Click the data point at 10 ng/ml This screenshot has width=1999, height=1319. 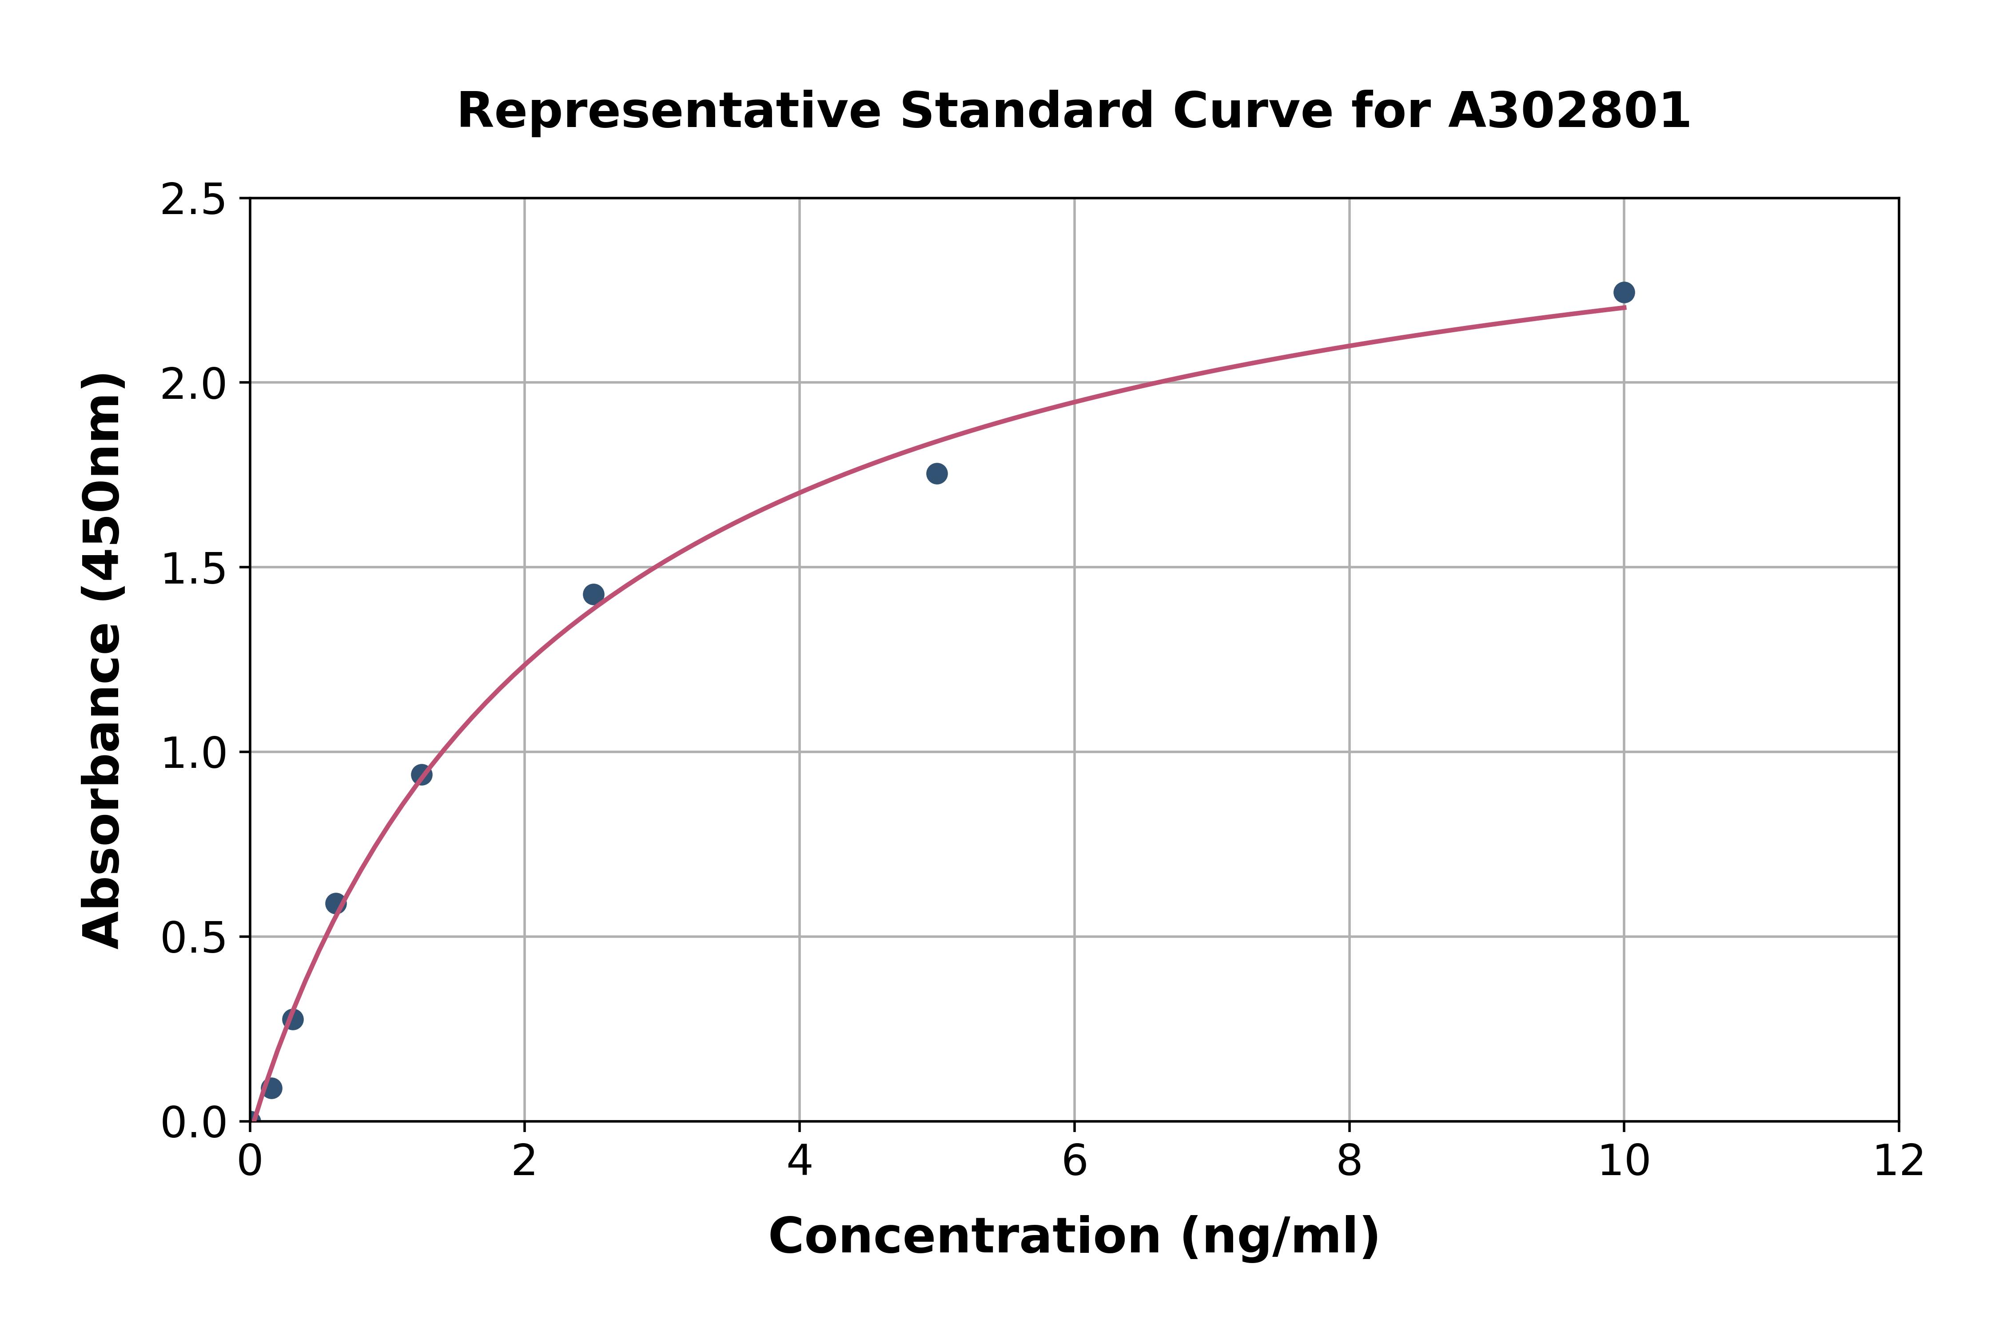tap(1624, 292)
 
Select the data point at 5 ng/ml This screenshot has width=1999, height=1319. tap(936, 473)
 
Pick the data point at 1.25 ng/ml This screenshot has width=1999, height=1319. tap(422, 775)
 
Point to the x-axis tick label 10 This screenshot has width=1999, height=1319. tap(1623, 1162)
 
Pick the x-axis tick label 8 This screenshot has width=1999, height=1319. tap(1349, 1162)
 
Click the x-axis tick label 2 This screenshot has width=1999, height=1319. tap(524, 1162)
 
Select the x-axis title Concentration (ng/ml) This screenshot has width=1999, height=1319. tap(1074, 1236)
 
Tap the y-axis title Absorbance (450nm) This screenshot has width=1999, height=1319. tap(103, 660)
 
